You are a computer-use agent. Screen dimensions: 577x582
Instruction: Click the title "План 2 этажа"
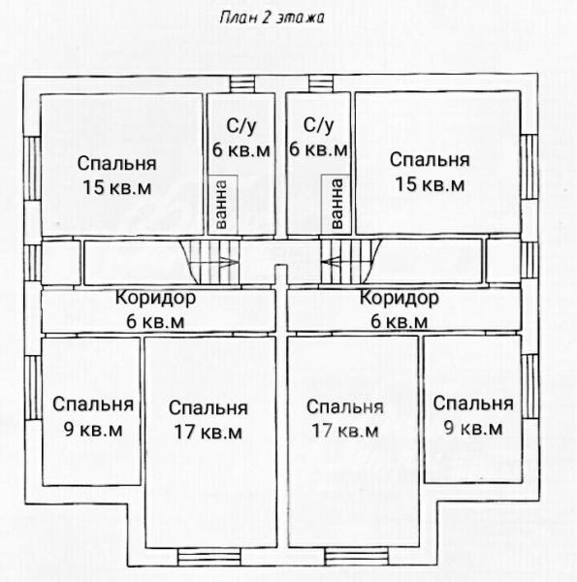tap(272, 17)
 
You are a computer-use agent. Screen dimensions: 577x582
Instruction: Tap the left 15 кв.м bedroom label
tap(117, 176)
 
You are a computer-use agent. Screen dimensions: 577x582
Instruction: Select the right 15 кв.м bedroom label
tap(430, 172)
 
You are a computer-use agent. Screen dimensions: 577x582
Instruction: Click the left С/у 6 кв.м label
tap(241, 138)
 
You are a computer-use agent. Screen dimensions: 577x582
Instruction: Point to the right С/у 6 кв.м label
tap(318, 137)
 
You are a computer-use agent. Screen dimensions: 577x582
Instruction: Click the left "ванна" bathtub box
tap(222, 205)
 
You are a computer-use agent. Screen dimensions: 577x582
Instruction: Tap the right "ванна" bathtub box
tap(336, 204)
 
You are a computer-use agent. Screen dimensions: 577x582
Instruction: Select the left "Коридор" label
tap(155, 298)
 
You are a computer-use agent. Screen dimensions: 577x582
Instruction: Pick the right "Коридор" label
tap(400, 298)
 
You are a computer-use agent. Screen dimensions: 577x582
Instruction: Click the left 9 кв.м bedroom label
tap(93, 416)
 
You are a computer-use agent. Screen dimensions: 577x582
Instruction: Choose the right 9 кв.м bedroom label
tap(473, 415)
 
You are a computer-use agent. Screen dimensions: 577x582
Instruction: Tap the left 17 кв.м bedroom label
tap(208, 420)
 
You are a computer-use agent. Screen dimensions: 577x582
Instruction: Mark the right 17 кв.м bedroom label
tap(345, 419)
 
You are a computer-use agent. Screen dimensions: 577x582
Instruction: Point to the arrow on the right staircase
tap(332, 262)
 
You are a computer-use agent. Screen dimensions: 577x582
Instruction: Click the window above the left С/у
tap(241, 83)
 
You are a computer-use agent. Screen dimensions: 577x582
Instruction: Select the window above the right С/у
tap(321, 83)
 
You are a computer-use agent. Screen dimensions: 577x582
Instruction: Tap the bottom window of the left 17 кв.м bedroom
tap(208, 557)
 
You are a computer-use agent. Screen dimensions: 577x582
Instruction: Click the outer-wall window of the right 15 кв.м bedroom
tap(529, 167)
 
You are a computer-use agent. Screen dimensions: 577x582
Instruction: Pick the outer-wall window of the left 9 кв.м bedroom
tap(33, 388)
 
